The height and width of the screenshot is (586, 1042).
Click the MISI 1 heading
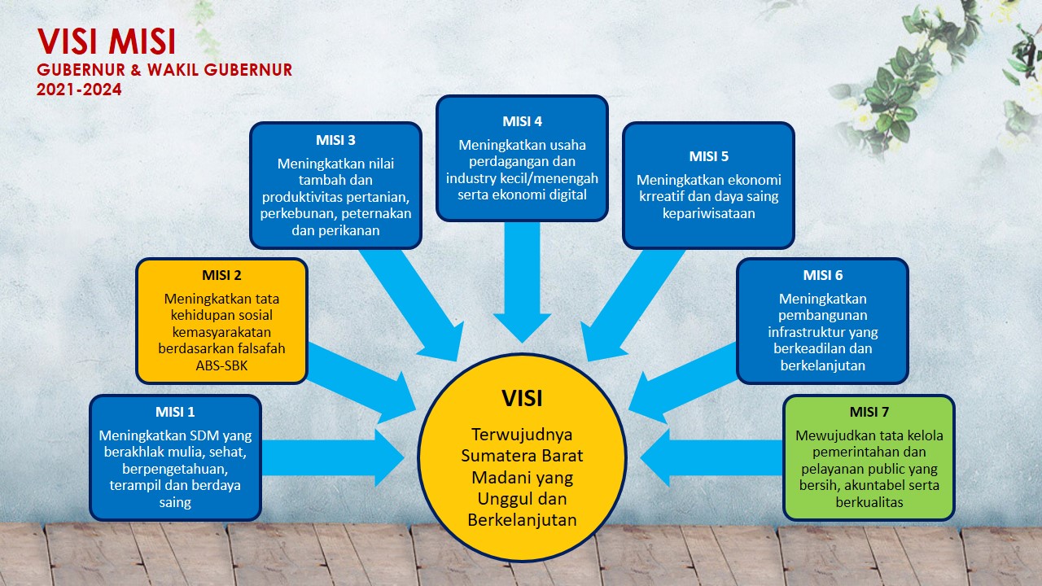(x=175, y=412)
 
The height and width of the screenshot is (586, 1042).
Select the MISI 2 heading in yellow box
(x=221, y=275)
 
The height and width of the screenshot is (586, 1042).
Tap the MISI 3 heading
(x=335, y=139)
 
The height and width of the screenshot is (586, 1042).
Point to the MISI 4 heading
(x=522, y=121)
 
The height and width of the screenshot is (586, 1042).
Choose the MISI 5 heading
(x=708, y=156)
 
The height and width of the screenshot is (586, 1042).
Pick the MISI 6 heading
(x=822, y=275)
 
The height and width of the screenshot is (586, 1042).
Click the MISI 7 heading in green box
(x=869, y=412)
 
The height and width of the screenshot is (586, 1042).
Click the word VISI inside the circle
(x=522, y=398)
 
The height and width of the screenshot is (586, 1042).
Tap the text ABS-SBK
(x=221, y=365)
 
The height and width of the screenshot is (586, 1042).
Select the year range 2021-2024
(x=79, y=90)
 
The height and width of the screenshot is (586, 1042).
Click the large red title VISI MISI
(x=107, y=43)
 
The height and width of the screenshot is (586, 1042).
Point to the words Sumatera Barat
(x=522, y=454)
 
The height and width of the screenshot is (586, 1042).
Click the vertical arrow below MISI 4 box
(x=522, y=277)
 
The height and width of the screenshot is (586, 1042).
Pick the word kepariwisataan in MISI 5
(x=708, y=213)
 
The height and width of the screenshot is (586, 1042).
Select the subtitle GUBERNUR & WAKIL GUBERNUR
(x=164, y=70)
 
